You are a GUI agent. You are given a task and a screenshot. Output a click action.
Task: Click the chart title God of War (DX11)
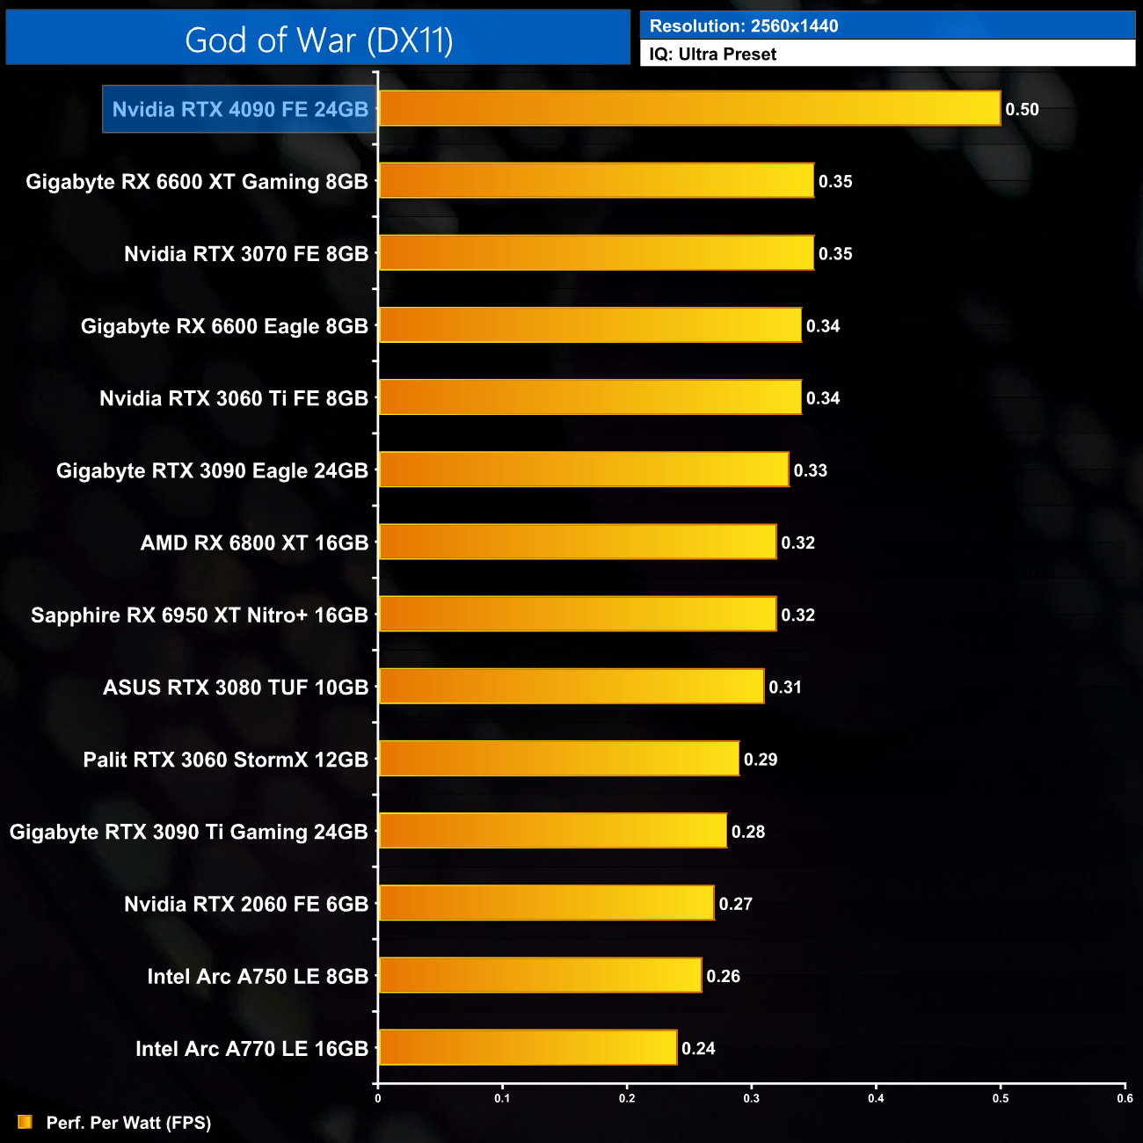[318, 40]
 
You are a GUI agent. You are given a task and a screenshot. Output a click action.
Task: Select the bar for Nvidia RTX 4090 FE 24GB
[689, 108]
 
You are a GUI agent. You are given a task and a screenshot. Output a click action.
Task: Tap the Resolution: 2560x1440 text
[744, 25]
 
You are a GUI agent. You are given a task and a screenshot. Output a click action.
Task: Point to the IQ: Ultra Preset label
[713, 54]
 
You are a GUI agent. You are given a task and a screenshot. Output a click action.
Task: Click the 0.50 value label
[1022, 109]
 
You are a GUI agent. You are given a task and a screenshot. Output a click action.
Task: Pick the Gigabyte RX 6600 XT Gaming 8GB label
[197, 181]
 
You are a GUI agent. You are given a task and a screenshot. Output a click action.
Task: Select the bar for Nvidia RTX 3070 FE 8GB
[596, 253]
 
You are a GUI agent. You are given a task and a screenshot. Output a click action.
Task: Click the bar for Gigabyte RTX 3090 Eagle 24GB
[584, 470]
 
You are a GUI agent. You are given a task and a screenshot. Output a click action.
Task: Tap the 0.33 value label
[810, 470]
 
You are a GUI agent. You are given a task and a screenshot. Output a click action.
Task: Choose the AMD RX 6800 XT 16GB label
[254, 542]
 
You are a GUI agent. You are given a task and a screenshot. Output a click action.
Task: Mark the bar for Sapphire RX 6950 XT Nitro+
[578, 614]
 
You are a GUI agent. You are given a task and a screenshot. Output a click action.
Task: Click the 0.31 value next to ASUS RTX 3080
[785, 687]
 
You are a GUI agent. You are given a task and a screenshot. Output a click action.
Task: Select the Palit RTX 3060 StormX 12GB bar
[559, 759]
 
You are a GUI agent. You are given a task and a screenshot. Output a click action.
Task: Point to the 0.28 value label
[748, 832]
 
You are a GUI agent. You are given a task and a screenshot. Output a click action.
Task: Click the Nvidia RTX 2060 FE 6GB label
[246, 904]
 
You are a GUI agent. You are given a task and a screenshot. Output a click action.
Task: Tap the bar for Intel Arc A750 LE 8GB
[541, 975]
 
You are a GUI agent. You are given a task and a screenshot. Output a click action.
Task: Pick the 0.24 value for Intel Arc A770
[698, 1048]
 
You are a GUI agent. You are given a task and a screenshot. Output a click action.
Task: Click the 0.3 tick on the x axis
[752, 1098]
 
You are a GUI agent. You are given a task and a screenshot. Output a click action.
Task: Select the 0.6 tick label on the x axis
[1125, 1098]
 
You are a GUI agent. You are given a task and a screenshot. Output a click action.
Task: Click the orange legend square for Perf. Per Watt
[25, 1122]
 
